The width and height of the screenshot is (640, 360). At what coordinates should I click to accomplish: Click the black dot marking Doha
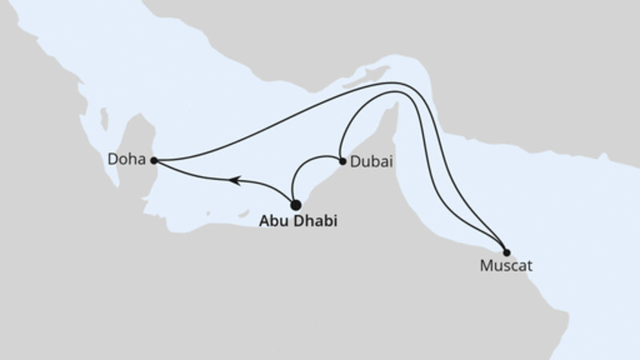tap(153, 160)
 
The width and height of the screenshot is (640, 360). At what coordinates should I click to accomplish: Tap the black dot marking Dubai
tap(342, 161)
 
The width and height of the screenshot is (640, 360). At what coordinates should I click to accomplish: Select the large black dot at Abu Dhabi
tap(295, 205)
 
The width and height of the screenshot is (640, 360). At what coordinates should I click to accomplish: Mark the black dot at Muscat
tap(506, 253)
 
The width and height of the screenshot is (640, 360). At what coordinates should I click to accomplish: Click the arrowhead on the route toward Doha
tap(234, 181)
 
